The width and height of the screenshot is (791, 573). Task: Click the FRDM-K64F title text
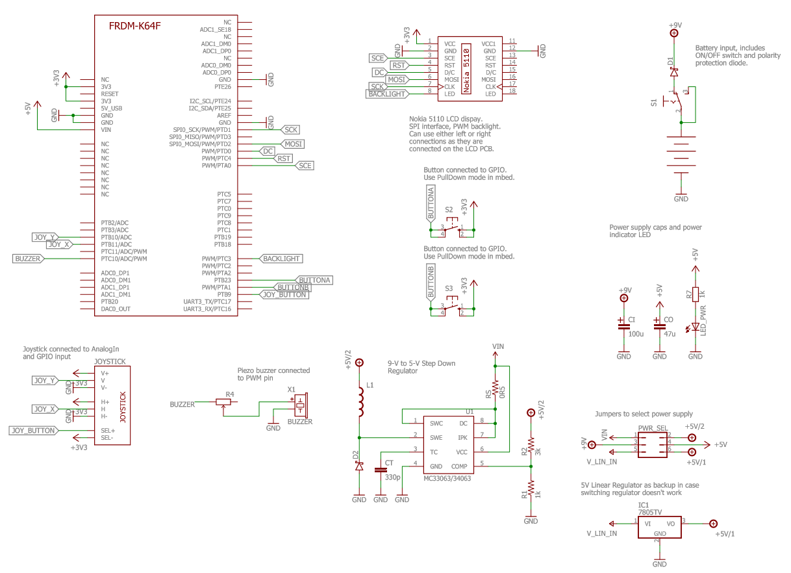(x=134, y=26)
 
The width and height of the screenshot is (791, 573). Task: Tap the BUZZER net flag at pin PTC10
(x=28, y=259)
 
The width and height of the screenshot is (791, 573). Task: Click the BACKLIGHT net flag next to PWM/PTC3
(x=281, y=259)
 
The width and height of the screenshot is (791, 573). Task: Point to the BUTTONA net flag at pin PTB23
(x=314, y=280)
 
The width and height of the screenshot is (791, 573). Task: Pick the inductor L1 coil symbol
(x=360, y=401)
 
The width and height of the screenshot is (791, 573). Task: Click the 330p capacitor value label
(x=393, y=478)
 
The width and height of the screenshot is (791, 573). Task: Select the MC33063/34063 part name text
(x=447, y=478)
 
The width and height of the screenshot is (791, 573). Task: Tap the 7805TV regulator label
(x=649, y=512)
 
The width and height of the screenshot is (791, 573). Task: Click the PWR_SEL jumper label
(x=653, y=428)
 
